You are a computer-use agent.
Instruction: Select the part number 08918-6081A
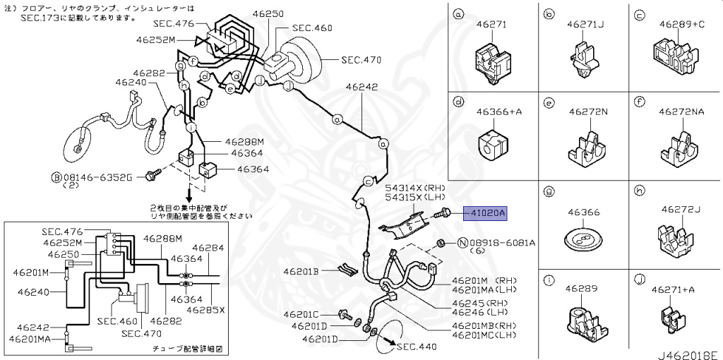click(503, 243)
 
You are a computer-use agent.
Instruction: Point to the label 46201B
click(301, 271)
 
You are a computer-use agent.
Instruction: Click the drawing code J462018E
click(688, 354)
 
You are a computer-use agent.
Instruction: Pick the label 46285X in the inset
click(206, 309)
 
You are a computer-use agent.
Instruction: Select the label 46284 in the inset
click(208, 248)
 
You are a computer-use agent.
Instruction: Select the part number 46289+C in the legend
click(681, 23)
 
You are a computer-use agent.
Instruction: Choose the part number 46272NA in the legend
click(681, 112)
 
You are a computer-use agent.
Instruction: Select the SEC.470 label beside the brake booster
click(361, 61)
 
